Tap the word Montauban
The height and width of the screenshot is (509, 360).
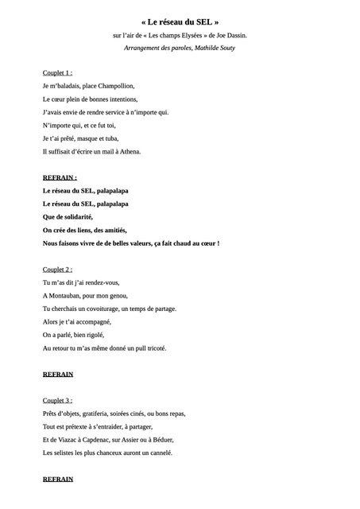tap(66, 295)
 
